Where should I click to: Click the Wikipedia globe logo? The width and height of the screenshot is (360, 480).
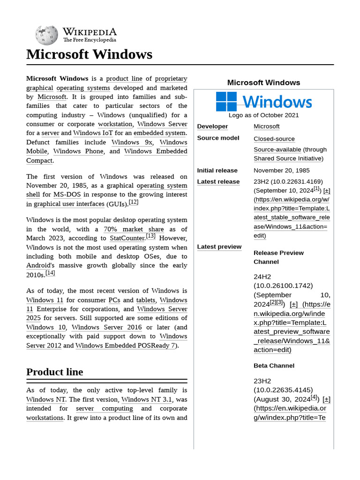point(46,35)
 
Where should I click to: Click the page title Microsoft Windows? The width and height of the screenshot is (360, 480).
point(89,54)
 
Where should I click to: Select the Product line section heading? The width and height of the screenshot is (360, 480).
point(54,372)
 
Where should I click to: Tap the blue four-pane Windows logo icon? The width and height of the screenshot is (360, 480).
point(226,101)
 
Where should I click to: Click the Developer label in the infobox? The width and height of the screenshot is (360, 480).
point(212,127)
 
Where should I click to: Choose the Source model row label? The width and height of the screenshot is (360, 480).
point(218,138)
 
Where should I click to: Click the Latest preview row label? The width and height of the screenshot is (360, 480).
point(219,247)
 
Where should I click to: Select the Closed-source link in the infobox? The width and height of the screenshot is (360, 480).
point(274,139)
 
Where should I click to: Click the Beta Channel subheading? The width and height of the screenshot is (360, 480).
point(274,366)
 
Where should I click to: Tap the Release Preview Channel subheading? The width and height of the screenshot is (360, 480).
point(278,257)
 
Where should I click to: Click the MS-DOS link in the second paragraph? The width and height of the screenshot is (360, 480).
point(66,195)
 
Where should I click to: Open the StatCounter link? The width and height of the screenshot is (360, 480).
point(127,238)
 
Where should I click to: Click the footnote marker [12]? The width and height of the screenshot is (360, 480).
point(134,202)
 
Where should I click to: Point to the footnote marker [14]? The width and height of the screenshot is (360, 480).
point(50,273)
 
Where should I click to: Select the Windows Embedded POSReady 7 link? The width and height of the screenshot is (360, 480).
point(125,345)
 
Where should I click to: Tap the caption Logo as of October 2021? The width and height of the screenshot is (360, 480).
point(263,115)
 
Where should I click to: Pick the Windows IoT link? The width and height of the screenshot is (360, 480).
point(93,134)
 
